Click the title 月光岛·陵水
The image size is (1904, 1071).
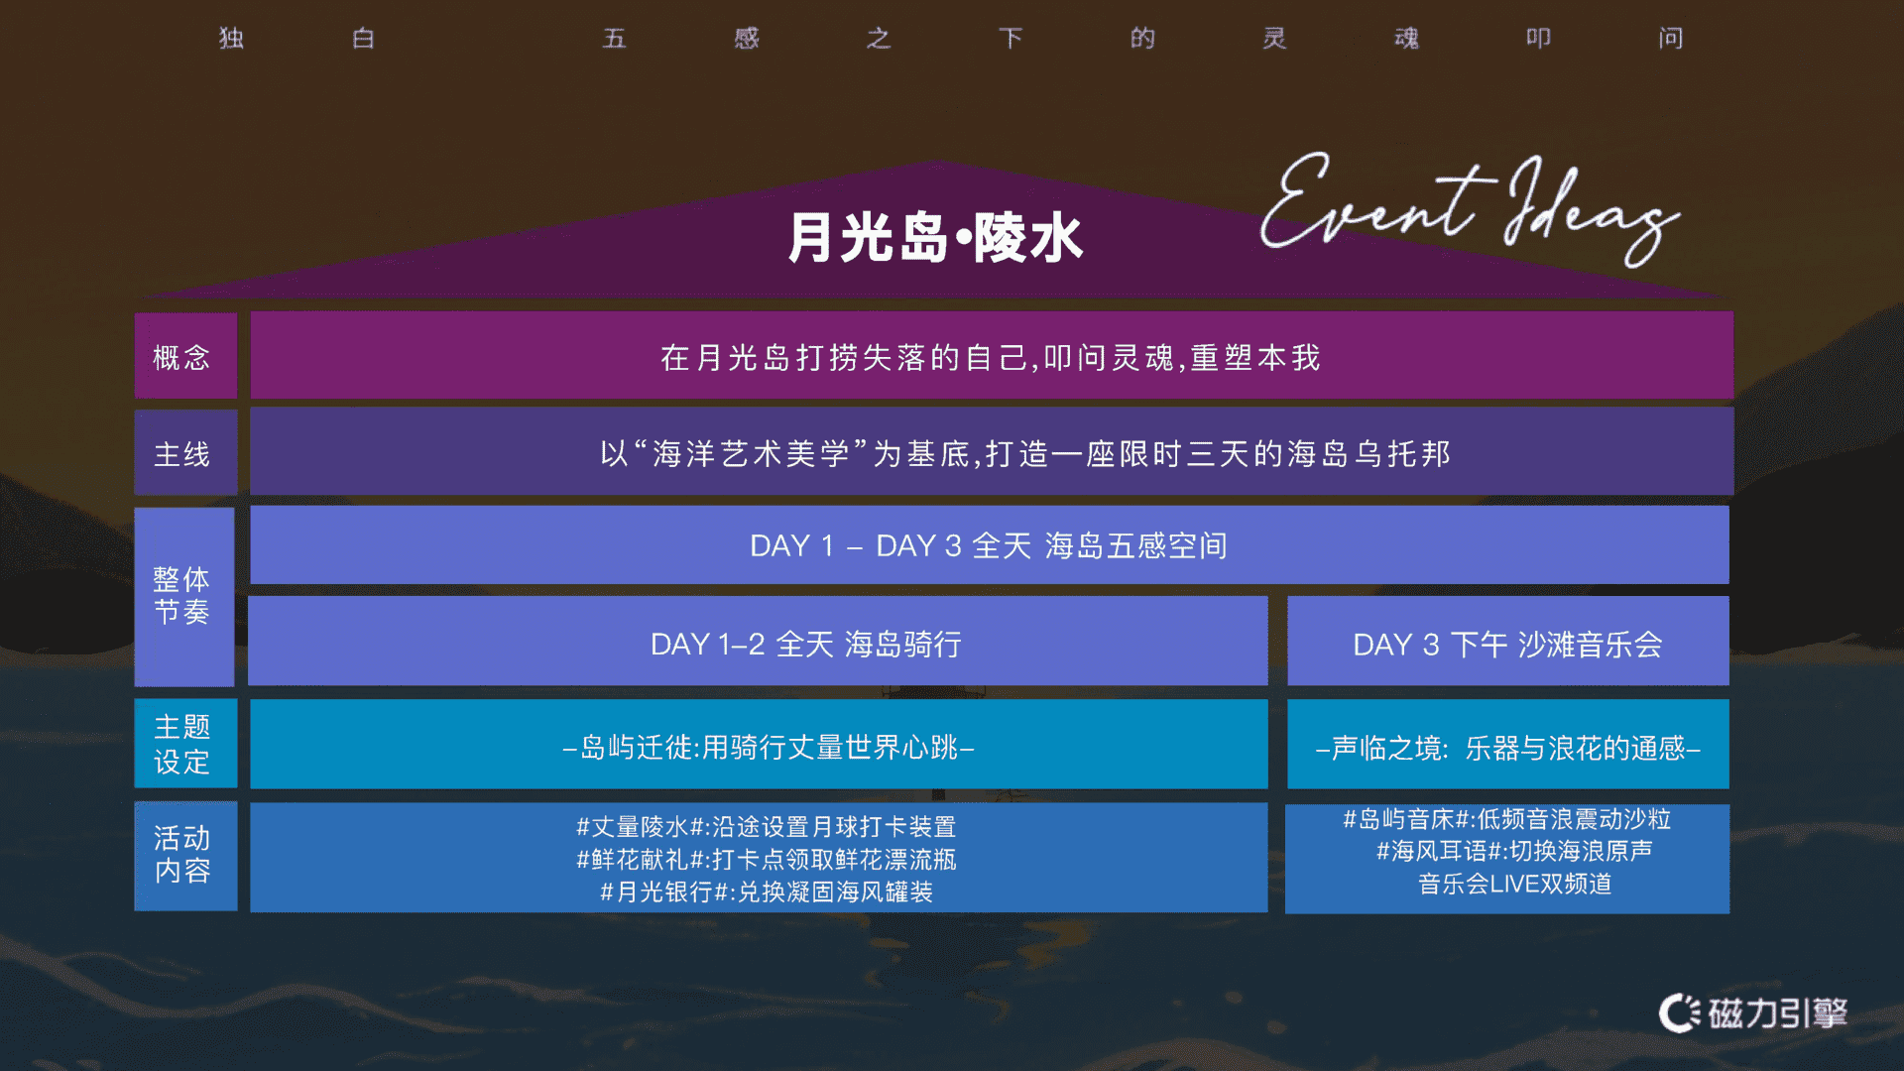coord(935,238)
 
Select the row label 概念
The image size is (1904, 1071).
coord(181,357)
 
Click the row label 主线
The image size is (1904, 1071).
coord(181,454)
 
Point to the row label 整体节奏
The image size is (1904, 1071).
coord(181,595)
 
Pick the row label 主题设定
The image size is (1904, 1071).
coord(181,744)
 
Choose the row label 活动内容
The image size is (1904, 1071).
coord(181,855)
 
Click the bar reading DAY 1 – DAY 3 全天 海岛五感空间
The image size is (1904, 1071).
coord(989,545)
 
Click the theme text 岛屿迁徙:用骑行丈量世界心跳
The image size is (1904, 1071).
coord(769,747)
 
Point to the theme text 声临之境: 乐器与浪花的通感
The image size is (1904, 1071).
coord(1507,748)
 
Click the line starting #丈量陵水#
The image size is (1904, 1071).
coord(766,826)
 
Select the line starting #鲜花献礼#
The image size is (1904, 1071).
coord(766,859)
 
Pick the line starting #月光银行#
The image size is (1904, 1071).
coord(766,892)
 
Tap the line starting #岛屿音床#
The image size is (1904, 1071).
coord(1507,819)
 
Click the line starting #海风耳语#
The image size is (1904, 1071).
coord(1514,851)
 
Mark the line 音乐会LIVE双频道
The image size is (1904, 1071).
coord(1514,884)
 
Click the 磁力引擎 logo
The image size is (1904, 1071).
coord(1753,1012)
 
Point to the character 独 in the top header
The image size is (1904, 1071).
coord(231,38)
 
